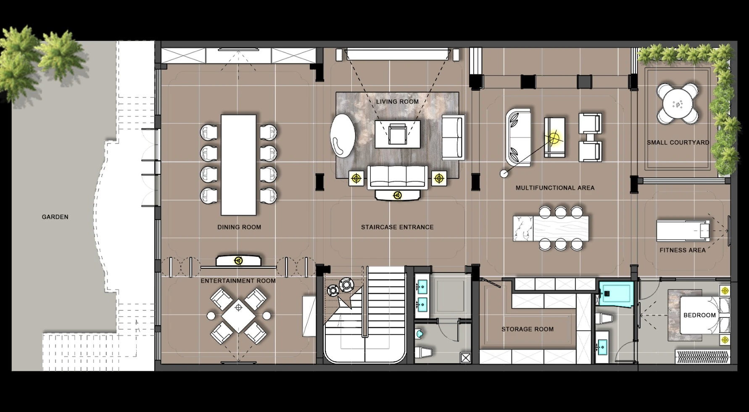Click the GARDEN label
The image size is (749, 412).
click(x=55, y=217)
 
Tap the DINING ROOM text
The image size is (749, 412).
click(x=239, y=227)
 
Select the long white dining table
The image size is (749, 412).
click(x=238, y=164)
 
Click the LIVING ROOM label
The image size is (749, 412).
click(x=397, y=102)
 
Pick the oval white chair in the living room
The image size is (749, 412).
click(x=343, y=135)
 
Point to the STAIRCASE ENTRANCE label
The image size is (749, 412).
click(x=397, y=227)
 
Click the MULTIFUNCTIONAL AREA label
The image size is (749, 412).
click(x=555, y=188)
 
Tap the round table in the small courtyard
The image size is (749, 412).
click(x=678, y=104)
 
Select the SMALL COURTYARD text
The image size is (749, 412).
click(x=678, y=143)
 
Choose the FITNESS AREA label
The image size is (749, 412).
click(x=682, y=250)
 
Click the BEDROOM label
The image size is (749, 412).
click(x=699, y=315)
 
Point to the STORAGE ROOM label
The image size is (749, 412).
click(x=527, y=329)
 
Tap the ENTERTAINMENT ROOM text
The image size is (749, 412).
click(x=238, y=281)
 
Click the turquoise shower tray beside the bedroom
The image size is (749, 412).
click(x=617, y=294)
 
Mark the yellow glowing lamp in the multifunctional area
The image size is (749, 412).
click(x=554, y=137)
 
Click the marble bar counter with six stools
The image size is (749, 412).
click(x=551, y=228)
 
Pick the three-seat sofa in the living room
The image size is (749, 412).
click(x=398, y=177)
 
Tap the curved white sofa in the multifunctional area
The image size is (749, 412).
click(x=518, y=137)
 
